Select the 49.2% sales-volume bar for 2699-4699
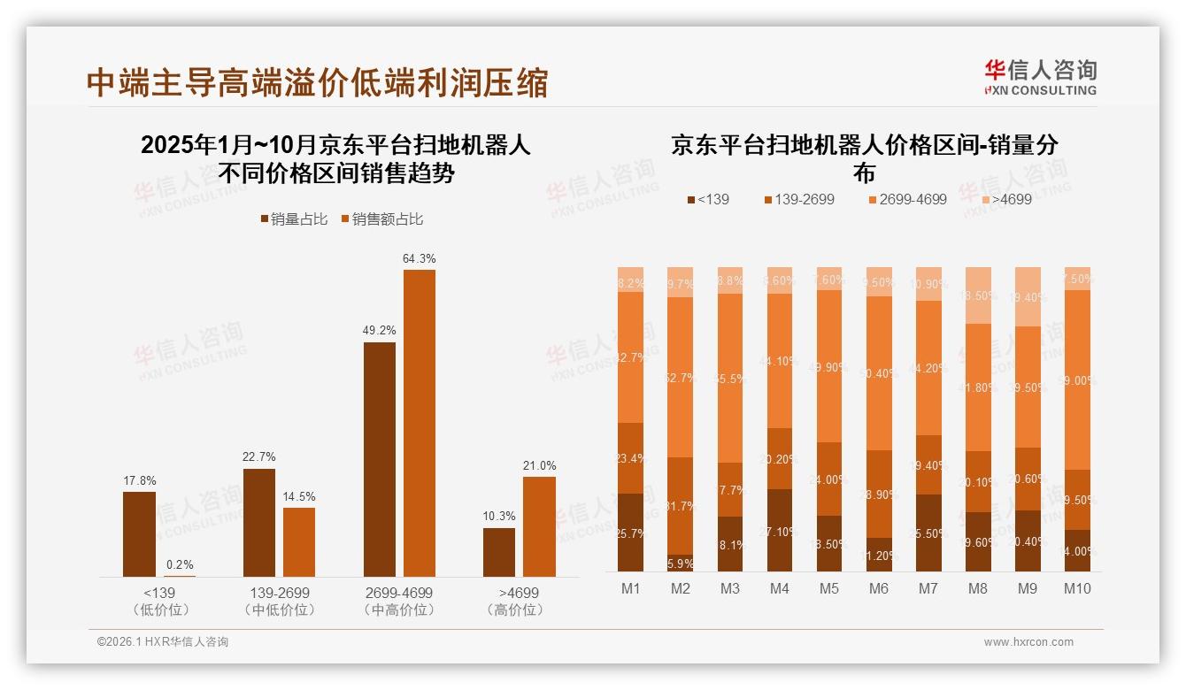(x=380, y=459)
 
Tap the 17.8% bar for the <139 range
(x=139, y=534)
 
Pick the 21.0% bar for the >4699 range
(x=539, y=526)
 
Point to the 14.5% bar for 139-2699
(x=299, y=542)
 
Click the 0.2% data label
(x=180, y=564)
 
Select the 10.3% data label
(x=499, y=516)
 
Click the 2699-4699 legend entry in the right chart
(x=906, y=199)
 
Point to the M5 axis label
(x=828, y=588)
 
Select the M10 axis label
(x=1077, y=588)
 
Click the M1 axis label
(x=630, y=588)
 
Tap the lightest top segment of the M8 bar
(x=978, y=295)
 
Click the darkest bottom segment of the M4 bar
(x=780, y=530)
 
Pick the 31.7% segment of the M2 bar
(x=680, y=506)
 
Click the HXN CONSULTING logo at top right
(x=1040, y=77)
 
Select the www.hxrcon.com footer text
(x=1028, y=642)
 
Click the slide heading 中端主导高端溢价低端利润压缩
(x=318, y=82)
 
